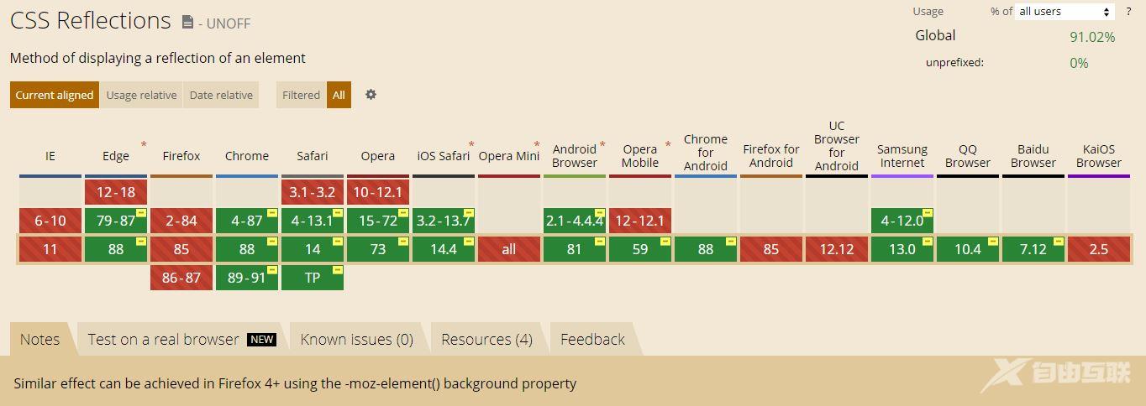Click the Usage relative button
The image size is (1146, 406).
[141, 95]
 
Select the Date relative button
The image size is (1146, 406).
[221, 95]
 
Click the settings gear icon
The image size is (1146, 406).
[371, 95]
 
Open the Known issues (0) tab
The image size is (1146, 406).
[357, 339]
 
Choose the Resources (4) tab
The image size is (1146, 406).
[486, 339]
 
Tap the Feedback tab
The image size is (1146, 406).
[592, 339]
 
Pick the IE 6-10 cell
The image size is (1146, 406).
[50, 221]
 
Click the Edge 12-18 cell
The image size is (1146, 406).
[116, 192]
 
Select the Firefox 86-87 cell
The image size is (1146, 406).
[181, 278]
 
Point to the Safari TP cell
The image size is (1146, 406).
[313, 278]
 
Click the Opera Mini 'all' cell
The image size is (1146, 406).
[509, 249]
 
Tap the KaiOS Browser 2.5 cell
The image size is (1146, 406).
[1099, 249]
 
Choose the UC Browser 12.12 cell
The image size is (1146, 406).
[837, 249]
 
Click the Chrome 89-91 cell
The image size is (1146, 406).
[247, 278]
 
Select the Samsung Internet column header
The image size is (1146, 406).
[902, 156]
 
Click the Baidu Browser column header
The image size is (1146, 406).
[1033, 156]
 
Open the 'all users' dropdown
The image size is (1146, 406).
[1065, 12]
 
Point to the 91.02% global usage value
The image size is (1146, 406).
[1092, 37]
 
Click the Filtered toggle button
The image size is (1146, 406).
[301, 95]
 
